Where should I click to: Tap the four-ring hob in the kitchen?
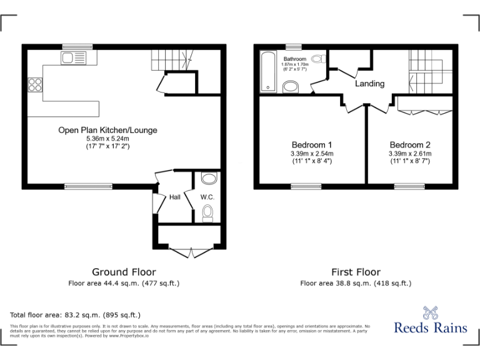[x=35, y=86]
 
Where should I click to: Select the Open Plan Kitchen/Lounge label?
[x=107, y=130]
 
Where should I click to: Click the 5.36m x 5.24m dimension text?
[x=107, y=138]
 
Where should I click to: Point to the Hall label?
[x=174, y=197]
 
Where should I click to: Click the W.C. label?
[x=207, y=197]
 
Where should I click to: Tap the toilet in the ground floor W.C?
[x=208, y=215]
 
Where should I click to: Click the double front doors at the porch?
[x=189, y=252]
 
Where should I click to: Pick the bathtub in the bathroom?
[x=268, y=71]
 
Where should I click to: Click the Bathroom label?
[x=295, y=58]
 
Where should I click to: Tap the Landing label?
[x=370, y=84]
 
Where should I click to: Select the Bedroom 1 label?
[x=311, y=144]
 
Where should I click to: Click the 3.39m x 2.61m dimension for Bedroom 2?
[x=409, y=153]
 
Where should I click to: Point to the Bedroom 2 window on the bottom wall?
[x=409, y=186]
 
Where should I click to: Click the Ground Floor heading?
[x=124, y=272]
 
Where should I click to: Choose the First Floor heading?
[x=356, y=272]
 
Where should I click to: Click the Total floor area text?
[x=76, y=314]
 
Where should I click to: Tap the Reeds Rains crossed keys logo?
[x=430, y=312]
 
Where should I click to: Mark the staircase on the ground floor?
[x=170, y=60]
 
